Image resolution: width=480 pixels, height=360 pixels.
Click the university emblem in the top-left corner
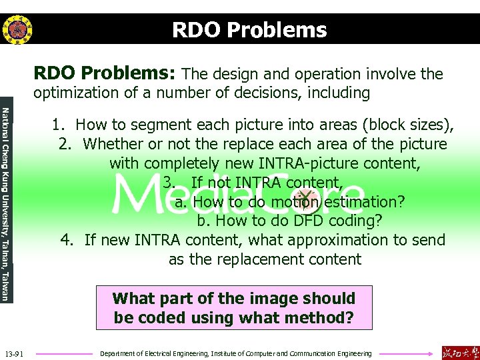(x=17, y=29)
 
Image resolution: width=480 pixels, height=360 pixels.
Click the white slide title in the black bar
(x=249, y=30)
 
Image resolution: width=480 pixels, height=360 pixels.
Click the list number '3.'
(x=169, y=182)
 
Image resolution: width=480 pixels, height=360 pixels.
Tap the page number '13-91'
(x=14, y=353)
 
